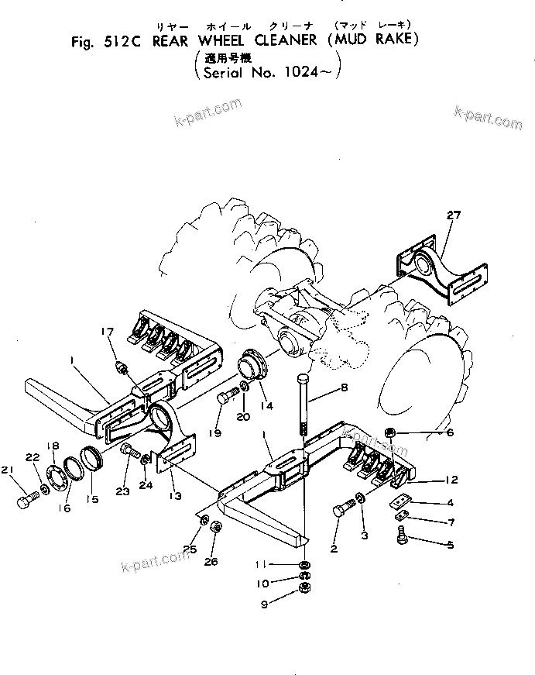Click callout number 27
tap(453, 215)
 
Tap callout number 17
tap(107, 333)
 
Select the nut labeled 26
tap(216, 528)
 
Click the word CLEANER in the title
tap(274, 40)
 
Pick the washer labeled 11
tap(304, 565)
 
